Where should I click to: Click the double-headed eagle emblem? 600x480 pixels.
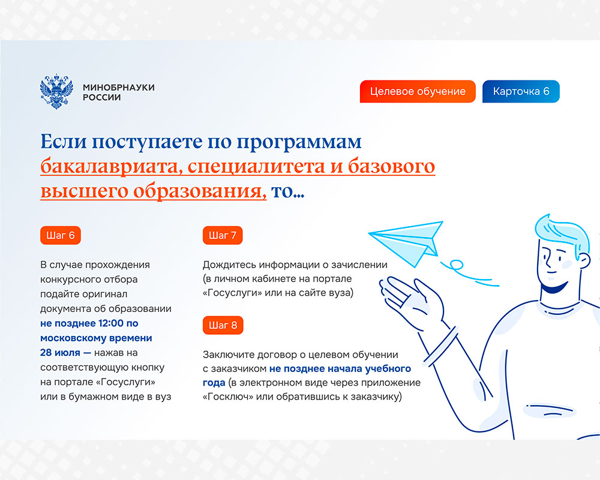click(x=56, y=91)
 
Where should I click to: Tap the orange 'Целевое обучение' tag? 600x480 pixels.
click(x=418, y=91)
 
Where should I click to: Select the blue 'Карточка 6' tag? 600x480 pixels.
click(x=521, y=91)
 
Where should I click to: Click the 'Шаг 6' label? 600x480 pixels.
click(x=61, y=235)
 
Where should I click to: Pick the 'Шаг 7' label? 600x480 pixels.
click(x=223, y=235)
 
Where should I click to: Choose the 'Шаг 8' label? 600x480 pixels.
click(x=223, y=325)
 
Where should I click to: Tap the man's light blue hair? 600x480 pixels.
click(x=561, y=233)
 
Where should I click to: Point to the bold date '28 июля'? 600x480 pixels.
click(x=60, y=353)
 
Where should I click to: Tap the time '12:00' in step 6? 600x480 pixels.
click(x=111, y=323)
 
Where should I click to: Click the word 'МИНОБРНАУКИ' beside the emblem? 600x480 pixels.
click(x=119, y=87)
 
